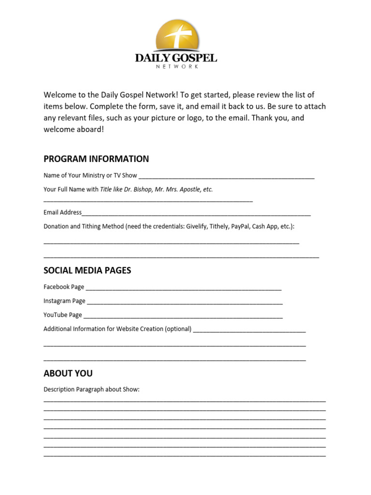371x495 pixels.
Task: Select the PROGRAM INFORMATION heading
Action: coord(96,159)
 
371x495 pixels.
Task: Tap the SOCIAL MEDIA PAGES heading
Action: coord(87,270)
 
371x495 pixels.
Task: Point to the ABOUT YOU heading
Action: coord(68,373)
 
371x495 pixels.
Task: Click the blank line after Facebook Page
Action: coord(184,288)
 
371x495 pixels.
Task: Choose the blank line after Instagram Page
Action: coord(185,302)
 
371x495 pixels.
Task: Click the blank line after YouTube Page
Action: coord(183,316)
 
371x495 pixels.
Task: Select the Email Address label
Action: coord(62,212)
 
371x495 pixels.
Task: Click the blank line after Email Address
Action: coord(196,213)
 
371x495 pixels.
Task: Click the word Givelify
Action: coord(198,226)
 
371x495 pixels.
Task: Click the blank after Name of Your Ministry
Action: coord(226,176)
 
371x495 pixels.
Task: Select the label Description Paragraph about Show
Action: coord(91,389)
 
